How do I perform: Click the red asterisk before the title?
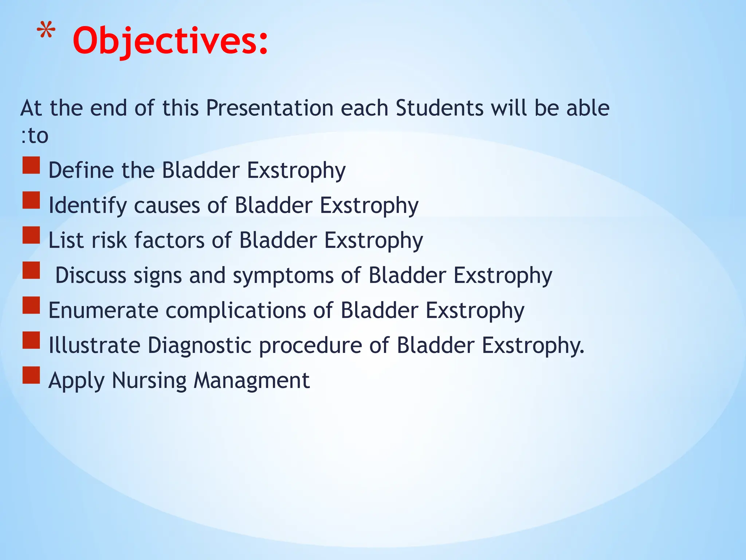click(x=46, y=31)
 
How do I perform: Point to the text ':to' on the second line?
click(x=35, y=136)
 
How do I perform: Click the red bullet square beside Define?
click(x=31, y=165)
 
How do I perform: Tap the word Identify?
click(x=87, y=205)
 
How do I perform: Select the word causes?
click(x=167, y=205)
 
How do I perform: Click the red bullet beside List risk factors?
click(x=31, y=235)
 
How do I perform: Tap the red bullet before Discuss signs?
click(x=31, y=270)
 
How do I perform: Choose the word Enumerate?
click(x=103, y=310)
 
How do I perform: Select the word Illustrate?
click(x=94, y=345)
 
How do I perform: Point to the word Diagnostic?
click(x=200, y=345)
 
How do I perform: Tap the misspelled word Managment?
click(x=251, y=380)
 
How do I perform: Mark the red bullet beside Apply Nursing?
click(x=31, y=375)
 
